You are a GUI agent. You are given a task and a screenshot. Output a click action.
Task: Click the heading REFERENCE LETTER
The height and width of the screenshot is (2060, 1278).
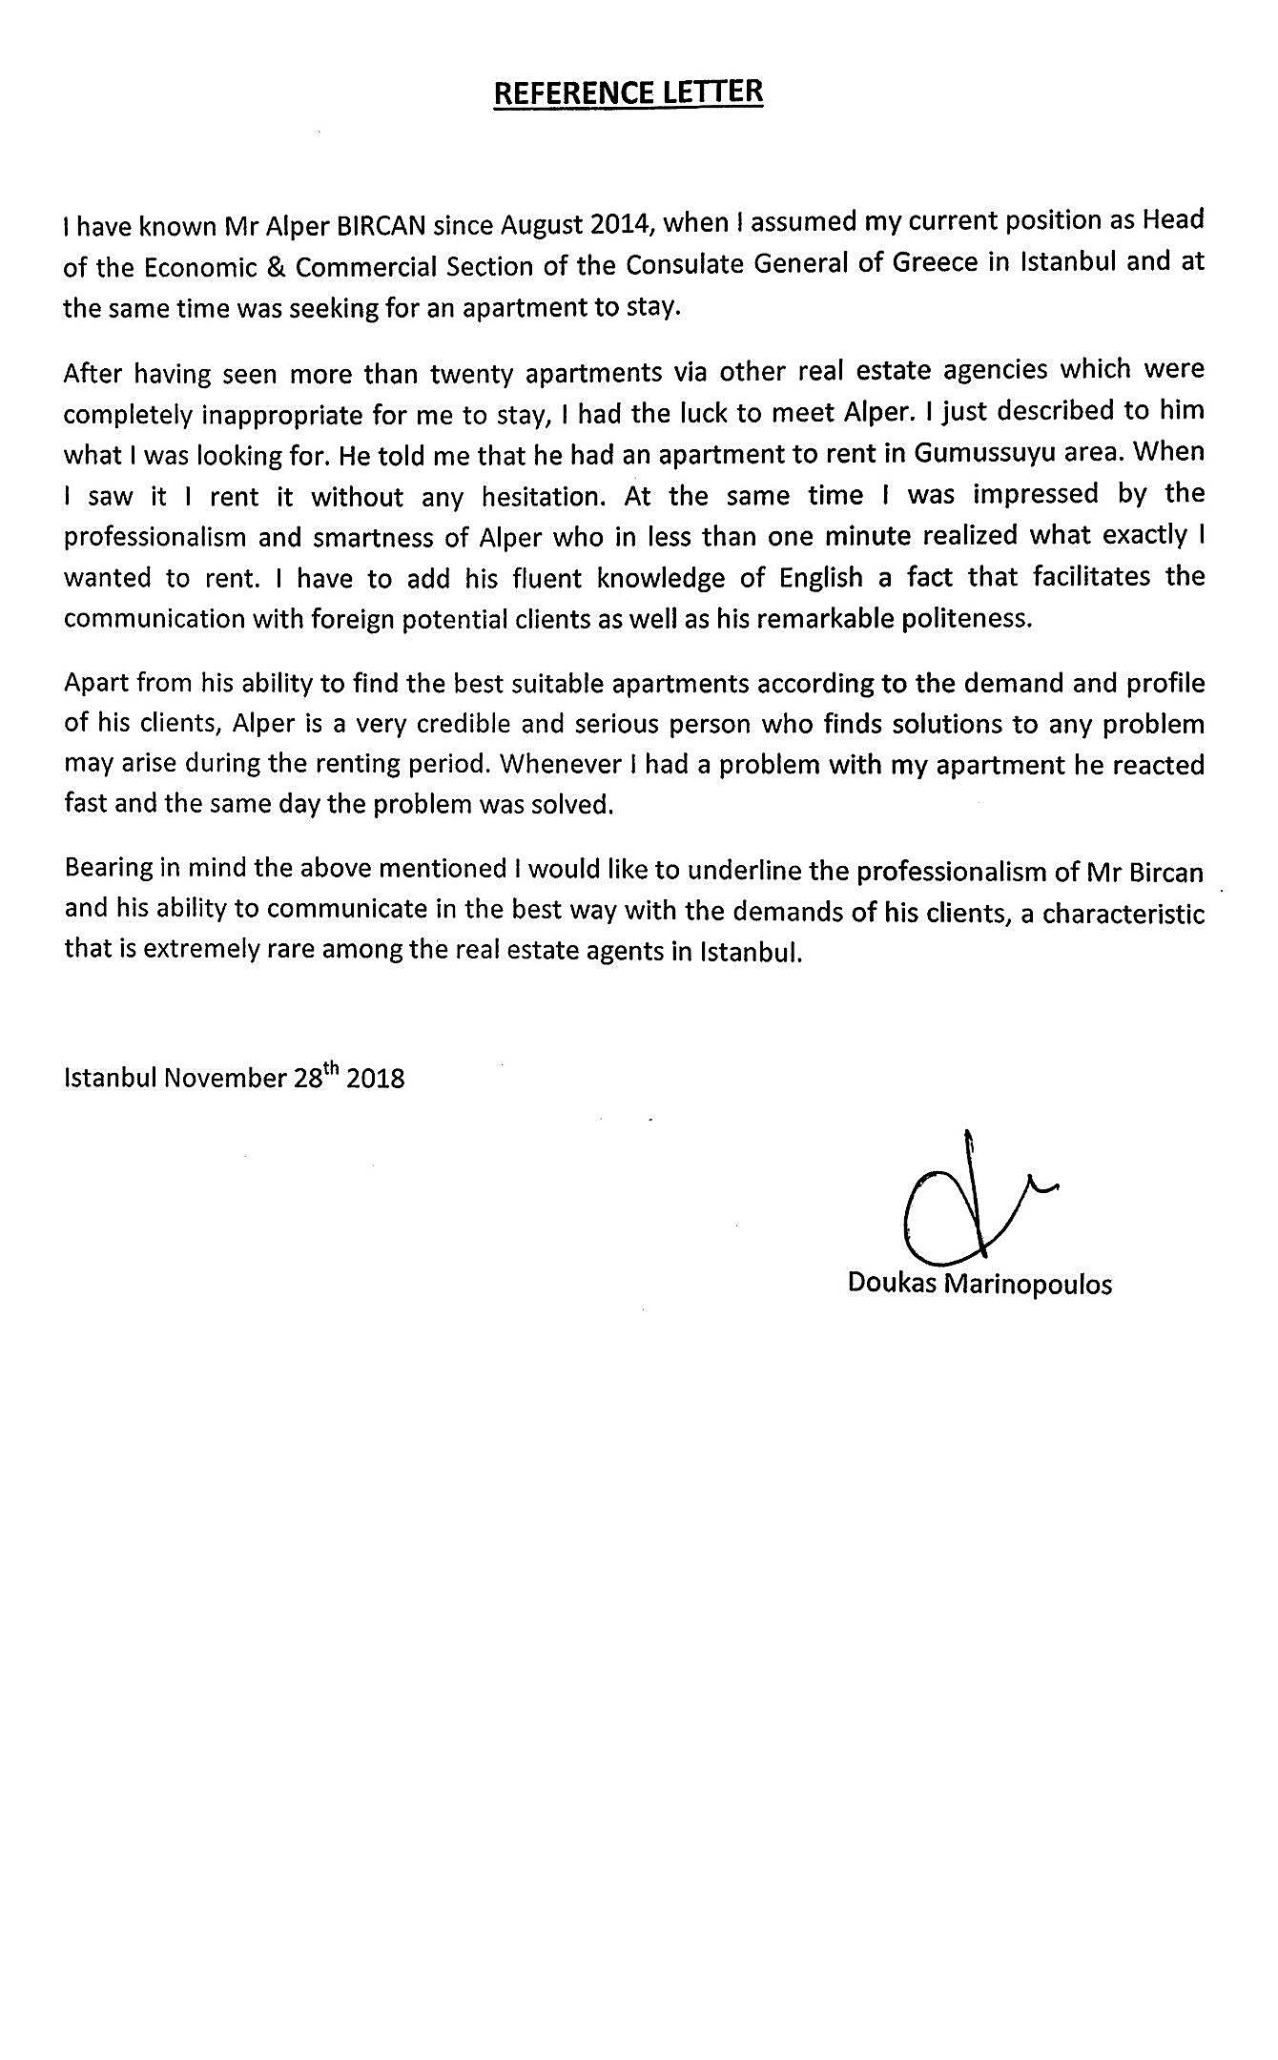[629, 93]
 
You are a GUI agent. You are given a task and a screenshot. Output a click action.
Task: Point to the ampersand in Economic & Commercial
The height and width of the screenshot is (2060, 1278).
[271, 267]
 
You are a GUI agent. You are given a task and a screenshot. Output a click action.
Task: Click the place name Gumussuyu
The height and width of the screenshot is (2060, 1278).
[980, 454]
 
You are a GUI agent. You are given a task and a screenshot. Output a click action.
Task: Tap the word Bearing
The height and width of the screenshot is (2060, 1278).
[107, 870]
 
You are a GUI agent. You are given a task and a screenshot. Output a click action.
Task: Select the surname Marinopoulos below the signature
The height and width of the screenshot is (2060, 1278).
[1027, 1284]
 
